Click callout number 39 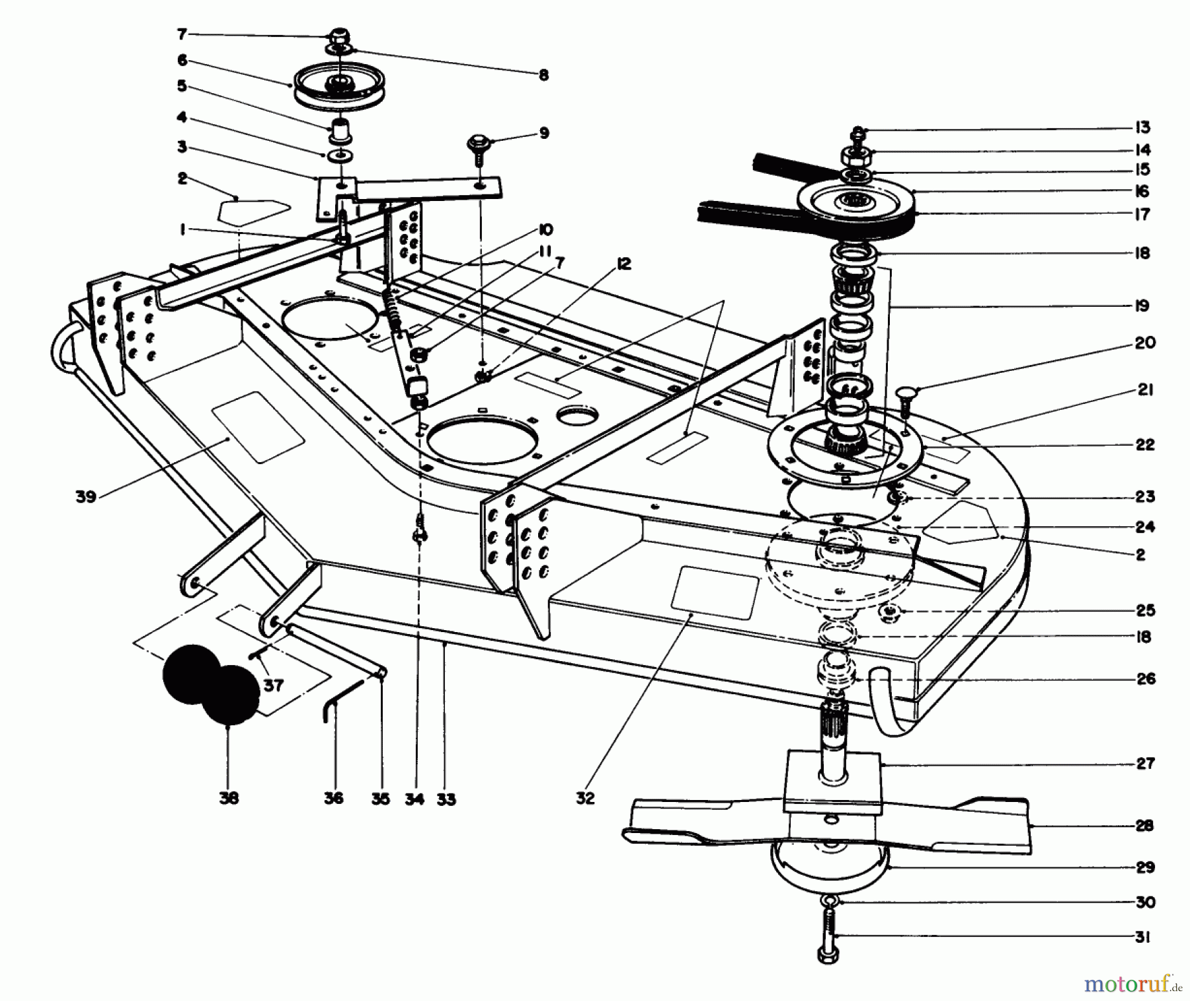86,497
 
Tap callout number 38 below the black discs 229,798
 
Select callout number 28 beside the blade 1144,825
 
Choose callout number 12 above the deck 623,264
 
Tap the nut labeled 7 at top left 340,34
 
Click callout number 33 446,799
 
